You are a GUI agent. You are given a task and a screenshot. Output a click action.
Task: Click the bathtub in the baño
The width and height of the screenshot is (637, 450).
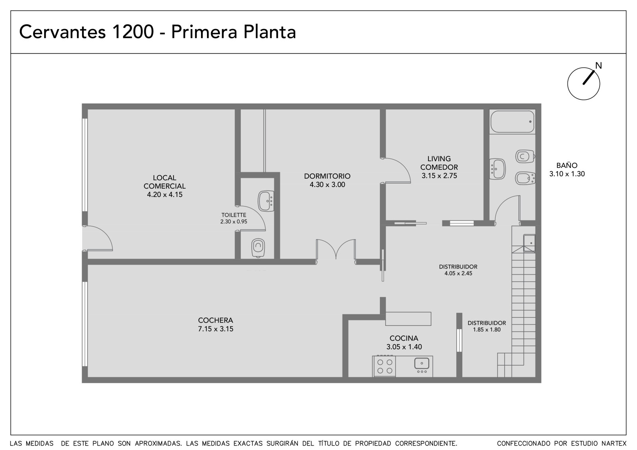512,122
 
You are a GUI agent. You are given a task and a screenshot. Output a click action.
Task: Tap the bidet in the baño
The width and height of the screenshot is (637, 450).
525,178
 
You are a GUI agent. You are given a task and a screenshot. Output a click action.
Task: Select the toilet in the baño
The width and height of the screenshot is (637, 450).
525,156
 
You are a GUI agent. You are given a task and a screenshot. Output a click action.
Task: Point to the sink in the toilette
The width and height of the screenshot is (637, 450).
266,201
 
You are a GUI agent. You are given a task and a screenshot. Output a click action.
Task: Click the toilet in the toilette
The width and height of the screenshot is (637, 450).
258,247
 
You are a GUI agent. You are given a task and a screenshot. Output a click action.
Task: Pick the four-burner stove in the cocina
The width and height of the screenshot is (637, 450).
384,366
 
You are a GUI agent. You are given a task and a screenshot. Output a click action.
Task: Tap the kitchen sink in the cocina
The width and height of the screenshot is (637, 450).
422,365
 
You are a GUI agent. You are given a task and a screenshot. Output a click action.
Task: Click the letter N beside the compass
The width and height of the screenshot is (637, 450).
599,66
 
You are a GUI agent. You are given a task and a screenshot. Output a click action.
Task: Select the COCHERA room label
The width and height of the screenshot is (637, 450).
215,320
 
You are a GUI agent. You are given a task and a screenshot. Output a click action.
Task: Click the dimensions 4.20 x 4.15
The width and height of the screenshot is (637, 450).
165,195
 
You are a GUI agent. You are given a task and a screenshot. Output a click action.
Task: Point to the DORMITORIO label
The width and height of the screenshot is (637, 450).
327,176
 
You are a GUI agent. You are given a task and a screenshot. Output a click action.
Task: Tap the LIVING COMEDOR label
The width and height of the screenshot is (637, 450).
439,163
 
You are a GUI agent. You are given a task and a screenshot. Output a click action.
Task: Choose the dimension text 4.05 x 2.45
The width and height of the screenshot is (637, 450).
458,273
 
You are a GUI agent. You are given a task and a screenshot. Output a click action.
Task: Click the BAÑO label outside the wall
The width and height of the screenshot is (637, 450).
567,166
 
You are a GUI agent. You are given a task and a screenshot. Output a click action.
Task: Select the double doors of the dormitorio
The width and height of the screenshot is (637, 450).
336,250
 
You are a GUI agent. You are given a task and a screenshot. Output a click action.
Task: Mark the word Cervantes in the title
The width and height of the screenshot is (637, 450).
62,32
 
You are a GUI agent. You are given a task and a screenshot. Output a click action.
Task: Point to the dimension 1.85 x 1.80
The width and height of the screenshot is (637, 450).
487,330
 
